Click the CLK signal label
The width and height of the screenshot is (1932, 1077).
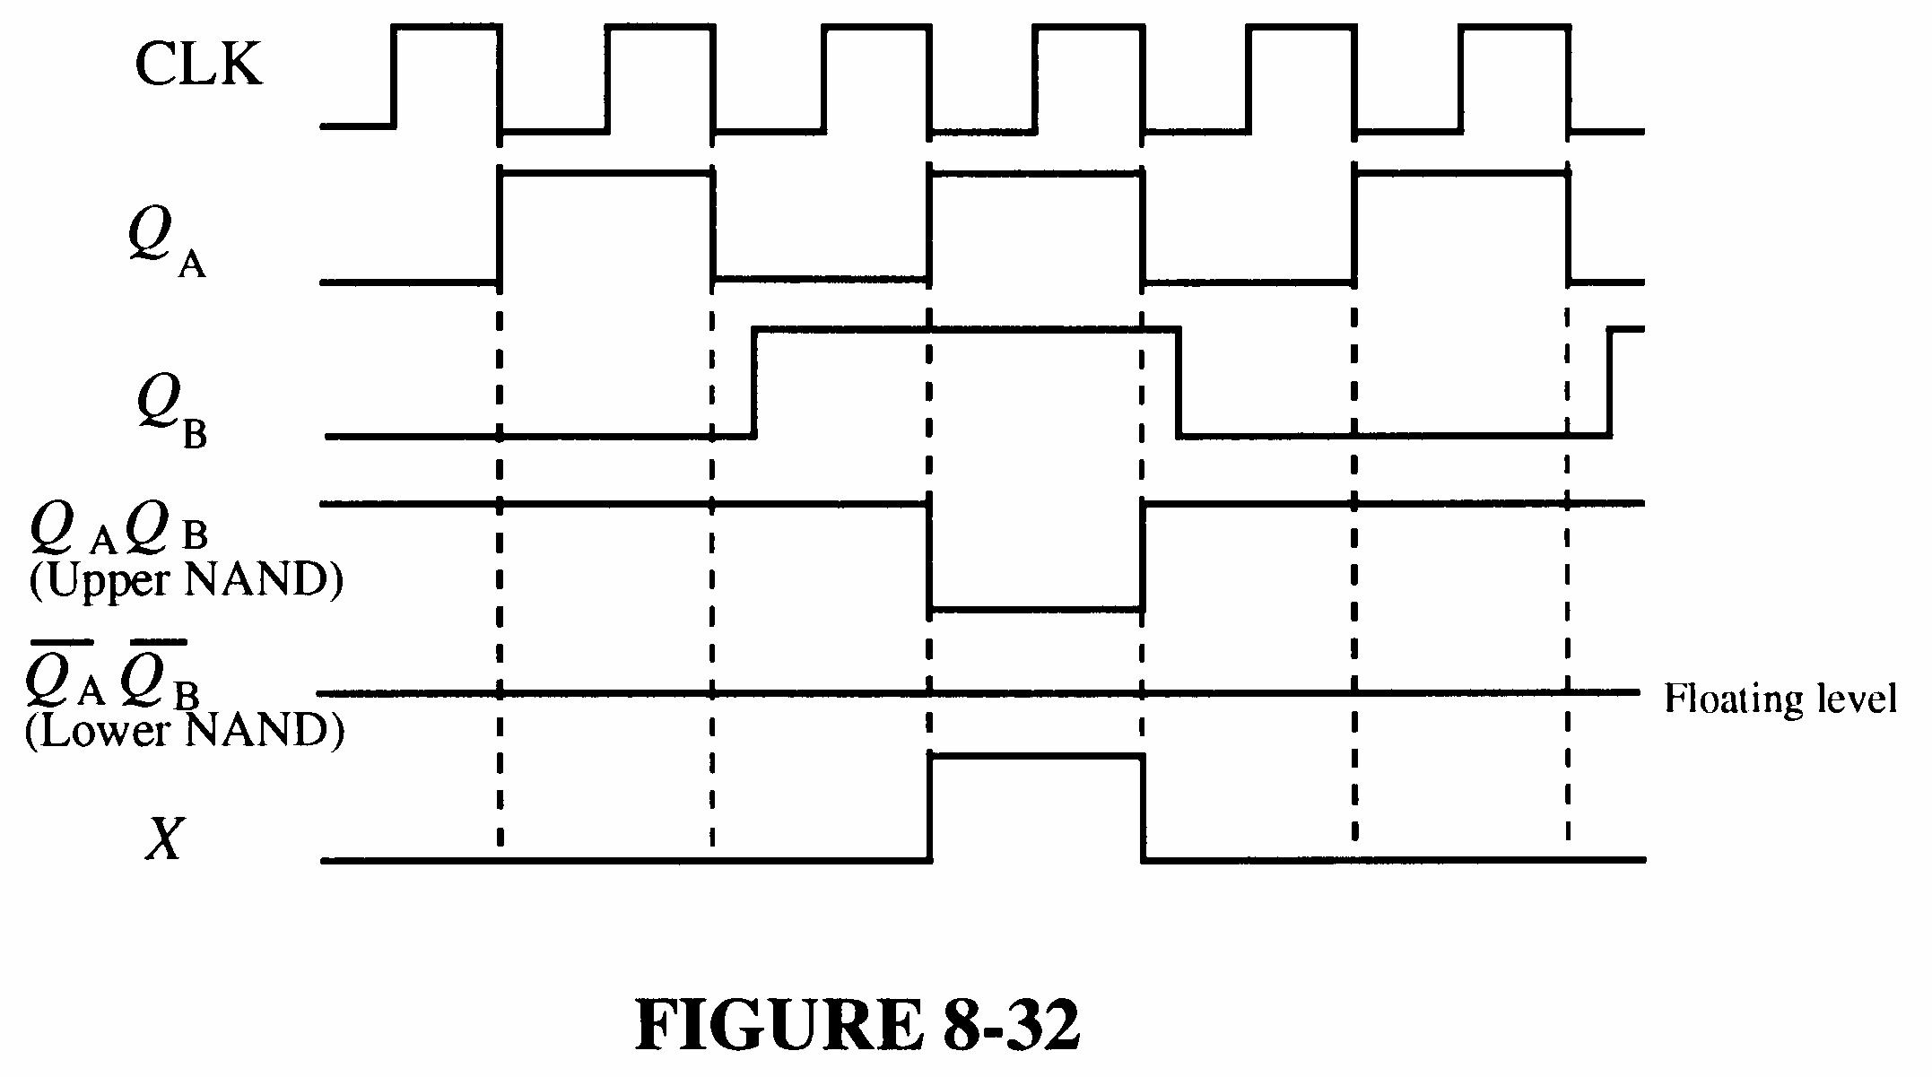coord(198,65)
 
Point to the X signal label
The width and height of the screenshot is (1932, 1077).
coord(164,839)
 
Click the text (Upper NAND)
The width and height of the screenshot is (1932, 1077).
coord(186,580)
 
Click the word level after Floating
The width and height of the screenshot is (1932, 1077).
coord(1856,698)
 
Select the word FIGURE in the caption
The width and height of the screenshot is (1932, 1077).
coord(777,1025)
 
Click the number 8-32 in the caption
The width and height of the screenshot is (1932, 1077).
coord(1011,1025)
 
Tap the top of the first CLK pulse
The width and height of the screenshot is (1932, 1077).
coord(446,27)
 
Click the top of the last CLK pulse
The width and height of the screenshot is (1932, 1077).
coord(1515,27)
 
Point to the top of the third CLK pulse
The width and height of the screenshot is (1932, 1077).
coord(875,27)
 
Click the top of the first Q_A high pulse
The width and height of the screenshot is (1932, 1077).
coord(606,173)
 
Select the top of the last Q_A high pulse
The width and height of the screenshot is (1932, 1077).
coord(1461,173)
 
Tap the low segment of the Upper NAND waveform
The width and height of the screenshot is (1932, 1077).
coord(1036,611)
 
